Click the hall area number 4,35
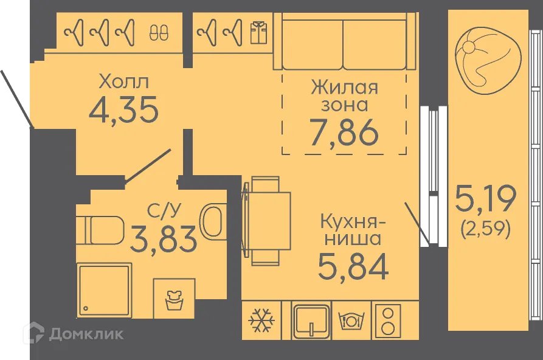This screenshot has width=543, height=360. (x=123, y=110)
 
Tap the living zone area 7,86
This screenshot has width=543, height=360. (x=344, y=133)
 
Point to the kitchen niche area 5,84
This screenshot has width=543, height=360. (x=353, y=266)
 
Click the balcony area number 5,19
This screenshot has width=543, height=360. (x=485, y=198)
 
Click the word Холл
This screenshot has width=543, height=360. (x=123, y=81)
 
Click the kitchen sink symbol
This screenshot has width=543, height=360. (x=311, y=320)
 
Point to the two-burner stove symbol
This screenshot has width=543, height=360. (x=386, y=320)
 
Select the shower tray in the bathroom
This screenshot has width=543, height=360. (x=105, y=290)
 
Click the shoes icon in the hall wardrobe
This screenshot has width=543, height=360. (x=157, y=31)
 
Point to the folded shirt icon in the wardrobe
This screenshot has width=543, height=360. (x=258, y=31)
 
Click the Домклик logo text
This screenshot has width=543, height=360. (x=86, y=333)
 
